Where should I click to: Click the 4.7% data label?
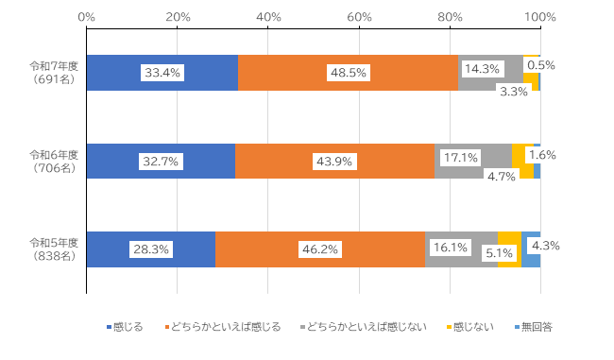coord(499,175)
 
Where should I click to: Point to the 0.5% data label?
coord(541,66)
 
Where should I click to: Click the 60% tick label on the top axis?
coord(359,17)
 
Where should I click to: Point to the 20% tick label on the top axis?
coord(177,17)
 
